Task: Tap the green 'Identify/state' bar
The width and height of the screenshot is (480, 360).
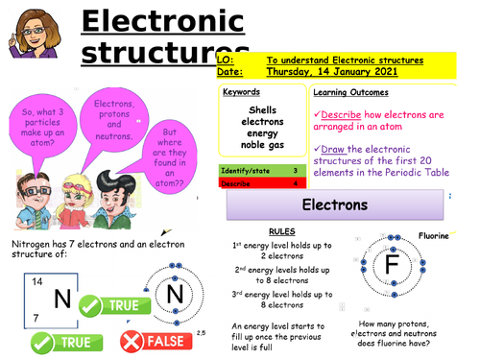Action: tap(259, 170)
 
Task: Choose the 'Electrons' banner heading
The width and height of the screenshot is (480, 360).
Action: tap(336, 205)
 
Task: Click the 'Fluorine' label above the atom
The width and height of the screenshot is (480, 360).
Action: tap(434, 235)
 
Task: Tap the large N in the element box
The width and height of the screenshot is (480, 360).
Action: tap(63, 300)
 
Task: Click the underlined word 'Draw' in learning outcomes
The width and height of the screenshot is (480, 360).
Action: tap(333, 149)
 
